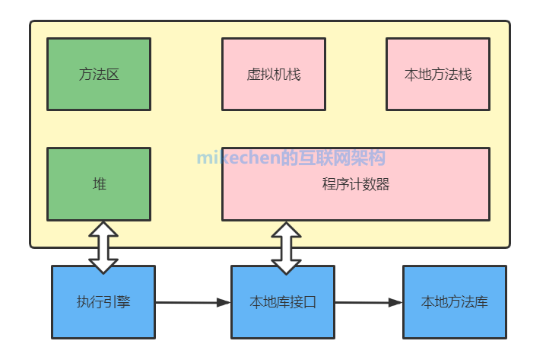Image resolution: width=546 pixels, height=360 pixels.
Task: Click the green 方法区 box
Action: pyautogui.click(x=99, y=74)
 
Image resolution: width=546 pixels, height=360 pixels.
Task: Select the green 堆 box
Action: pyautogui.click(x=99, y=184)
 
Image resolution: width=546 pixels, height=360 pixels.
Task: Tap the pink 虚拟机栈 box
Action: pyautogui.click(x=274, y=74)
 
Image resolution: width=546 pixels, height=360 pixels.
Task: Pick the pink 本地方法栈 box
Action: pyautogui.click(x=438, y=74)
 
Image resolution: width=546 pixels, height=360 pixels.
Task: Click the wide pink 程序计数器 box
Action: pyautogui.click(x=355, y=184)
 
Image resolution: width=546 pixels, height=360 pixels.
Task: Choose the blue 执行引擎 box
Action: pyautogui.click(x=103, y=302)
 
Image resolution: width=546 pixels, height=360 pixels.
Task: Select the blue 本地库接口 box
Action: pyautogui.click(x=283, y=302)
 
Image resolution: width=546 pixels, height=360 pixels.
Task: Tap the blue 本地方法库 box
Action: pyautogui.click(x=454, y=302)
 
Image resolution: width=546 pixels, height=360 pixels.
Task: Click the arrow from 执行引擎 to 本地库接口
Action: pyautogui.click(x=193, y=303)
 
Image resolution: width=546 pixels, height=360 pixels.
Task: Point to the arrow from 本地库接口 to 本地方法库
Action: pyautogui.click(x=369, y=303)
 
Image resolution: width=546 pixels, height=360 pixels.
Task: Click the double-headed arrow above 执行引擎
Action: pyautogui.click(x=104, y=247)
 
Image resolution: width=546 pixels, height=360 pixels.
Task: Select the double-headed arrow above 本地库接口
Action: pyautogui.click(x=287, y=247)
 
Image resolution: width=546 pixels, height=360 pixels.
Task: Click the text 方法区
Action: pyautogui.click(x=99, y=75)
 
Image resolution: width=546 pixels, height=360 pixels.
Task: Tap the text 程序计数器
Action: pyautogui.click(x=355, y=184)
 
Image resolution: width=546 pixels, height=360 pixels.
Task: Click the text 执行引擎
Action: pyautogui.click(x=103, y=302)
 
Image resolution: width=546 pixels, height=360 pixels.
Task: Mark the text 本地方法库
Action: pyautogui.click(x=454, y=302)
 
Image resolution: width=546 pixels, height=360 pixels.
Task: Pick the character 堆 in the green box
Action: pyautogui.click(x=99, y=184)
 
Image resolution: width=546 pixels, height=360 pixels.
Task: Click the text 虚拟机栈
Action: pyautogui.click(x=274, y=75)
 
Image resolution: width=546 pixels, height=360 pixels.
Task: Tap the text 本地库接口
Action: pyautogui.click(x=283, y=302)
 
